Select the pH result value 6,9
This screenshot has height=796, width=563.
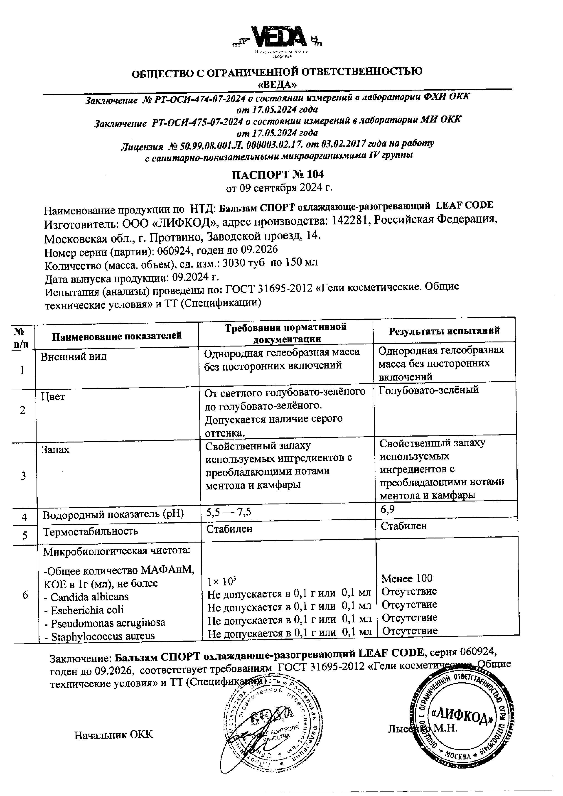tap(387, 509)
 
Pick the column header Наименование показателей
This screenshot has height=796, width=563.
tap(117, 336)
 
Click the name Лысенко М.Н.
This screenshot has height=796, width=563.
tap(423, 728)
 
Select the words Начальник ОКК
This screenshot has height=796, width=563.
tap(113, 735)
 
